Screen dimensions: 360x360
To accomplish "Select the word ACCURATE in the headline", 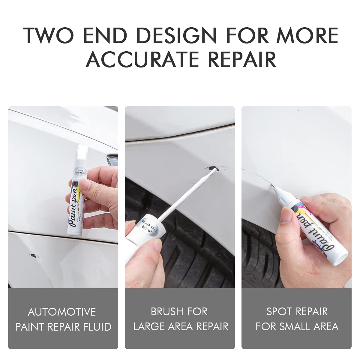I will coord(142,59).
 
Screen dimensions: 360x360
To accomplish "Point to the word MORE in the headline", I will coord(307,36).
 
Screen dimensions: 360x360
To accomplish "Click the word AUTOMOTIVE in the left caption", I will coord(62,312).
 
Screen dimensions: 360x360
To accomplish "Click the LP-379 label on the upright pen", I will coord(80,172).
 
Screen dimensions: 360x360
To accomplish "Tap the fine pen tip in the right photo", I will coord(274,186).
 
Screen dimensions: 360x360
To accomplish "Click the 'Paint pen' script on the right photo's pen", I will coord(312,231).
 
